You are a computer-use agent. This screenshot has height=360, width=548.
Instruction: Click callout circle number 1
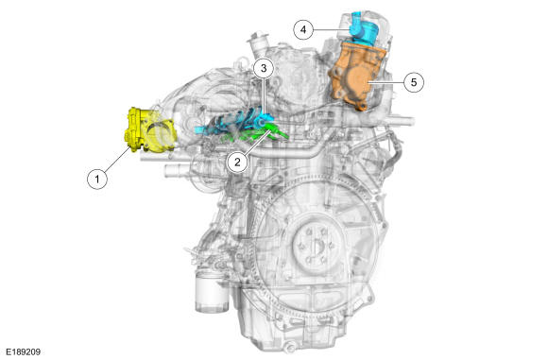coord(97,179)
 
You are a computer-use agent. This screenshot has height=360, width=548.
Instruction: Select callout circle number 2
coord(238,163)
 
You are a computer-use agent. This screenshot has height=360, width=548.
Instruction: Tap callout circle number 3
coord(264,69)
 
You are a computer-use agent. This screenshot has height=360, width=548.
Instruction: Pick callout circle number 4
coord(303,29)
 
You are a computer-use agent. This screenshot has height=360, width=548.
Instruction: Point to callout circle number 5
coord(414,82)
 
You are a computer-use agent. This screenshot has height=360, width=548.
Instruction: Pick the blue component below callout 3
coord(234,122)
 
